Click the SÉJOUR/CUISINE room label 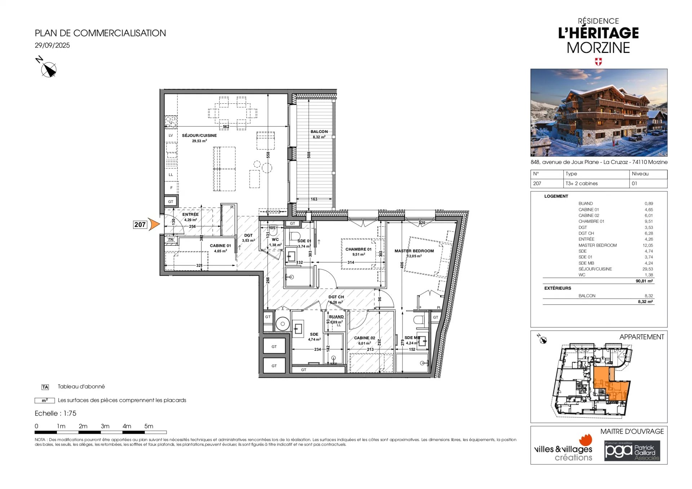tap(199, 135)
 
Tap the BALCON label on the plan tap(319, 132)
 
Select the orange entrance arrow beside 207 tap(154, 224)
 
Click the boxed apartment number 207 tap(140, 225)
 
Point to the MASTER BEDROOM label tap(414, 251)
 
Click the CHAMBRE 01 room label tap(358, 249)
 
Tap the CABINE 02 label tap(364, 338)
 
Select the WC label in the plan tap(275, 239)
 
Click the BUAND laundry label tap(336, 317)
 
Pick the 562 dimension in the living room tap(226, 126)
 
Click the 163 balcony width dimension tap(314, 199)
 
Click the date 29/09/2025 tap(52, 45)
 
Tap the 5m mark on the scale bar tap(148, 426)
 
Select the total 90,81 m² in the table tap(644, 281)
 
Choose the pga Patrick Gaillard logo tap(632, 451)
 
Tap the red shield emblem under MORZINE tap(598, 62)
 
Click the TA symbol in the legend tap(45, 387)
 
